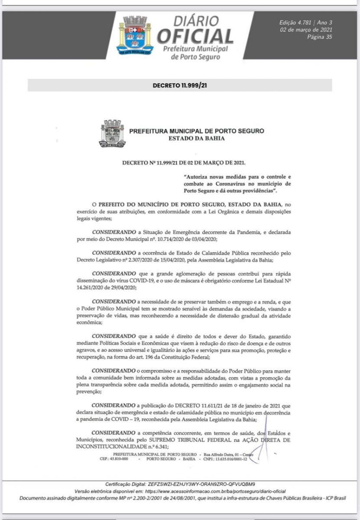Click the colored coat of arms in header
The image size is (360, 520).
[x=135, y=36]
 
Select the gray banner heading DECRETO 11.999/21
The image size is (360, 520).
[x=180, y=85]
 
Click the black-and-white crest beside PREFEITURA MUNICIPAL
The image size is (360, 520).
[x=112, y=133]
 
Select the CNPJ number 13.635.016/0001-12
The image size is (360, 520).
[x=227, y=458]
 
